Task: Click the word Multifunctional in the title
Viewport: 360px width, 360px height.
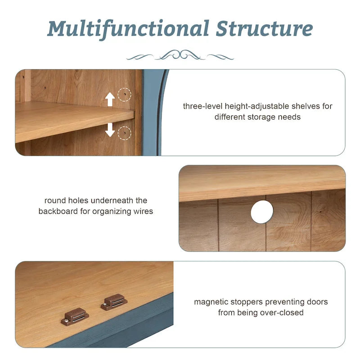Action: click(128, 29)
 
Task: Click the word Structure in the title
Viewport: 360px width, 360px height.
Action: click(264, 29)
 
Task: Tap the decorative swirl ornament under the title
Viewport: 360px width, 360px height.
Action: click(180, 56)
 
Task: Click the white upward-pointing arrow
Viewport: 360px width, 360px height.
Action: click(110, 99)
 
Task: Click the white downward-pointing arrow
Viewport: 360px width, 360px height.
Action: click(110, 130)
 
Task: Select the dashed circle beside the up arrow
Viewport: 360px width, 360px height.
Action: click(124, 95)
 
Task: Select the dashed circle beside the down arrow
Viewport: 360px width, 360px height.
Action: click(124, 133)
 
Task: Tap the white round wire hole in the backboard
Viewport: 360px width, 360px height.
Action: click(262, 211)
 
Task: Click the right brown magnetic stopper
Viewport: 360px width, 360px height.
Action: click(114, 301)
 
